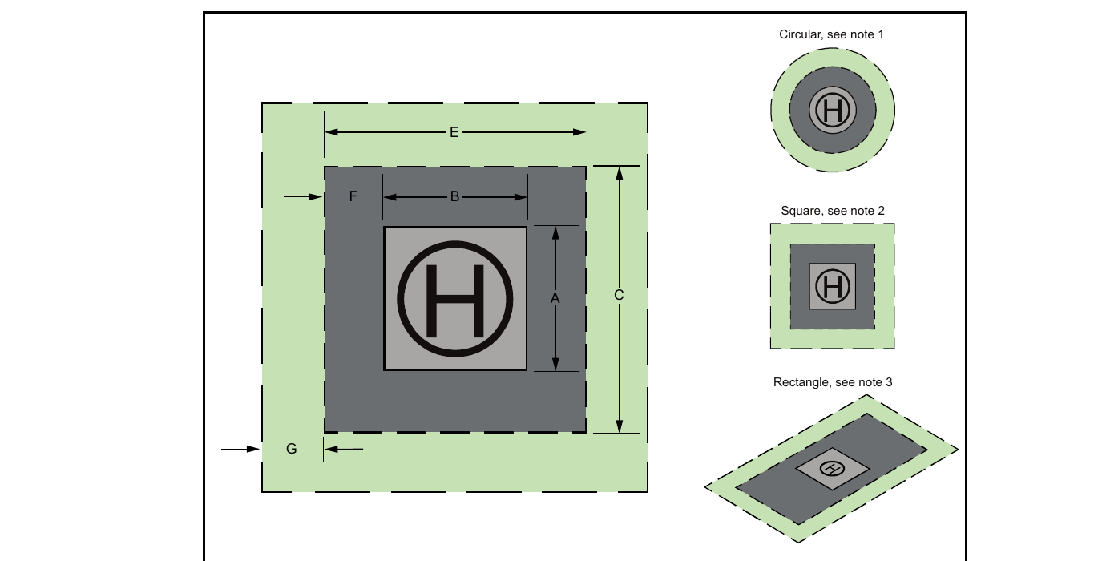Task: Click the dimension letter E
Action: [x=454, y=132]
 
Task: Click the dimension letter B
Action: [x=454, y=196]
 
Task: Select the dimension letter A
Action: [x=555, y=298]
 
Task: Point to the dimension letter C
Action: [x=619, y=295]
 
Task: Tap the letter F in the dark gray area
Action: [x=353, y=196]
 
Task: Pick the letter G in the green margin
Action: [x=291, y=448]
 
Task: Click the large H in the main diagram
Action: [x=455, y=301]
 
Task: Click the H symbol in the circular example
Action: [x=833, y=111]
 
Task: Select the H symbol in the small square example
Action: [x=833, y=287]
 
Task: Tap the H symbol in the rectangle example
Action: [x=831, y=468]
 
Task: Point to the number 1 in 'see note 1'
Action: [x=880, y=34]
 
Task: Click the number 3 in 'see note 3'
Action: [x=889, y=382]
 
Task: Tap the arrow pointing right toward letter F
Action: [x=302, y=197]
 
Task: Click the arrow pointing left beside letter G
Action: [x=344, y=449]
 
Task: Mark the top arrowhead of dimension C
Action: [x=619, y=173]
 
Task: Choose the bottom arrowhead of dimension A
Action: [x=555, y=364]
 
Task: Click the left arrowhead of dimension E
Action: [x=331, y=132]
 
